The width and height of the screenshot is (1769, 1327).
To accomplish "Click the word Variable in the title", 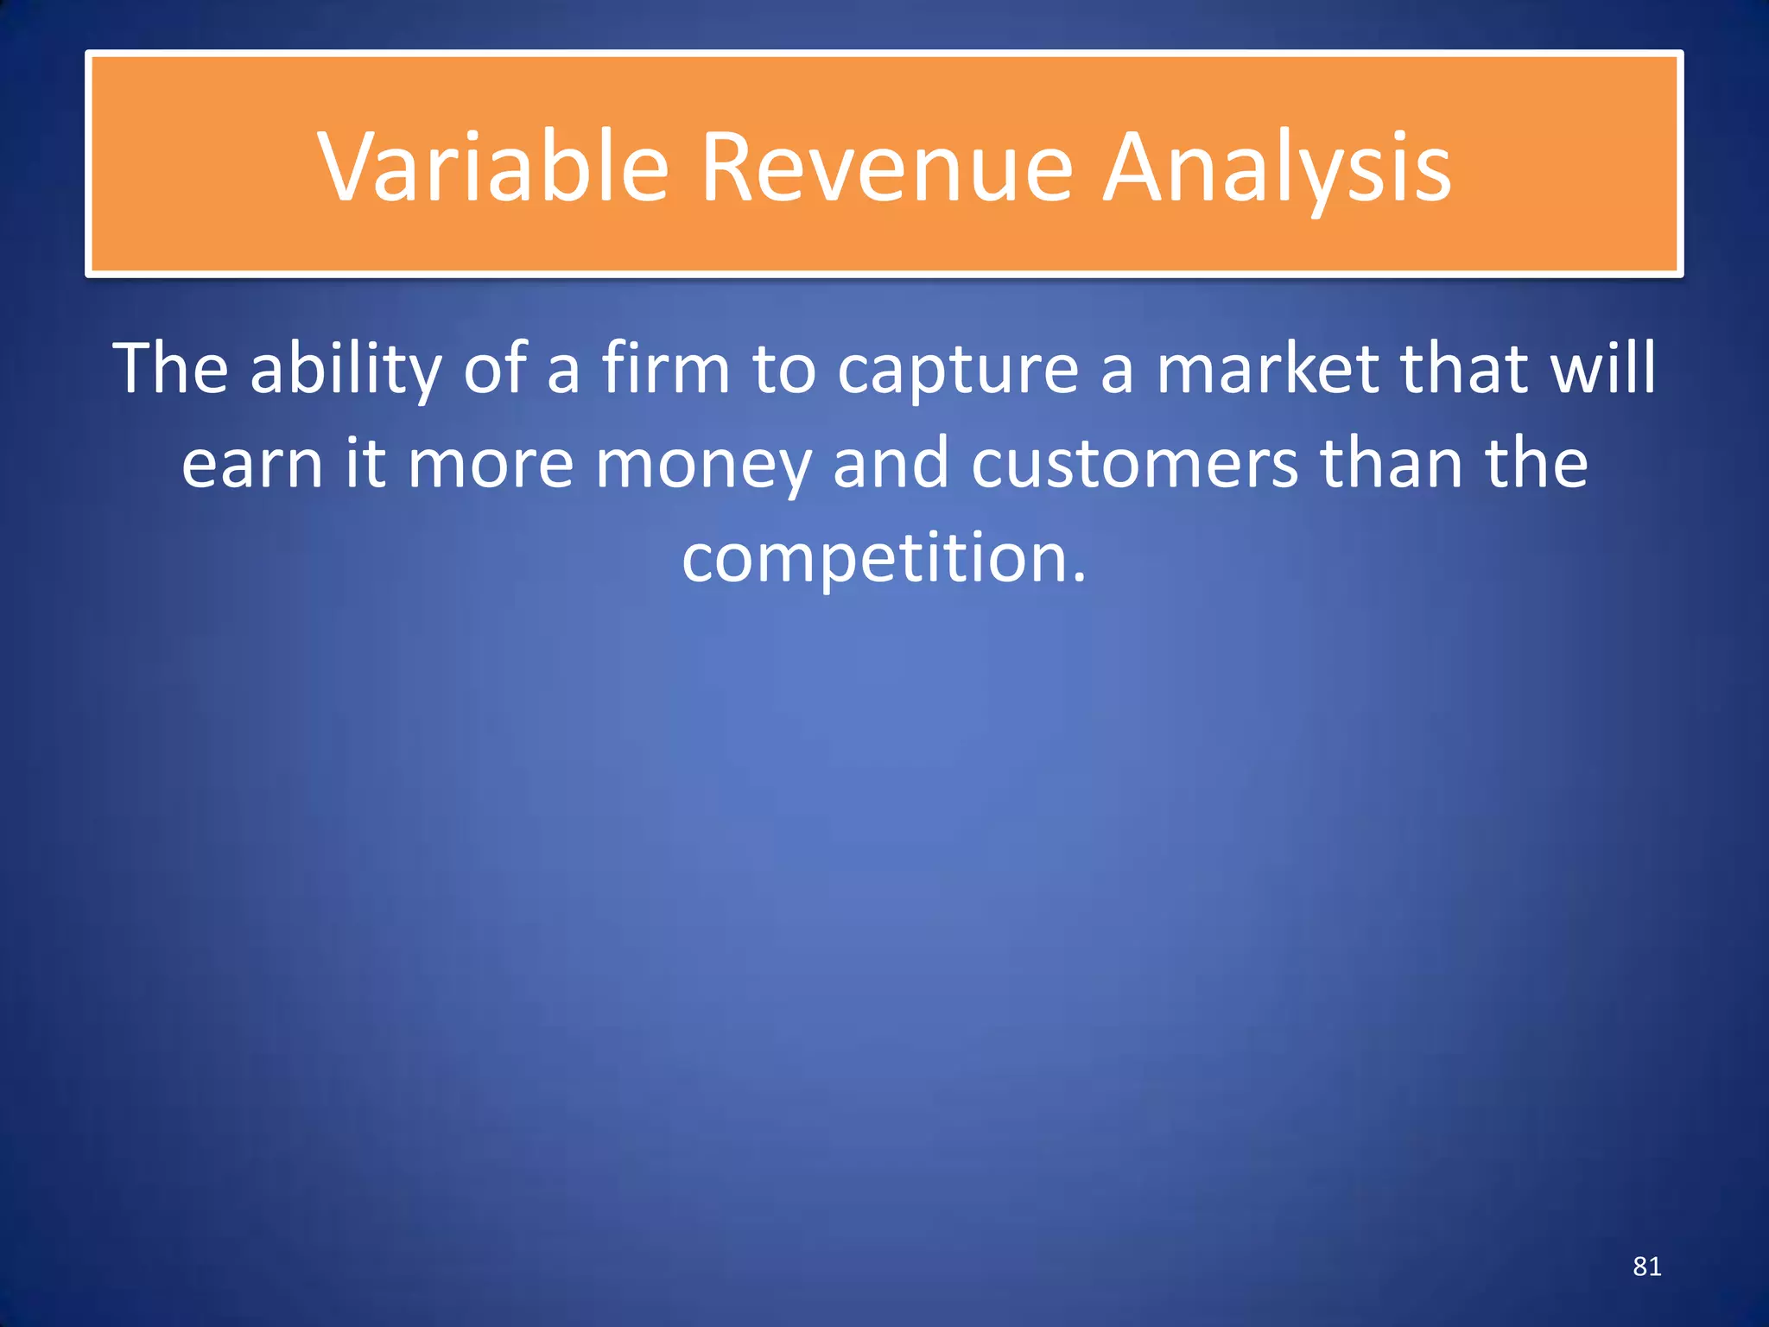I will pos(493,167).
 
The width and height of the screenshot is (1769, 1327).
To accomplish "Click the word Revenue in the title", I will pos(886,167).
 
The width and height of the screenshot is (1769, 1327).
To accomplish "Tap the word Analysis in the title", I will pos(1278,167).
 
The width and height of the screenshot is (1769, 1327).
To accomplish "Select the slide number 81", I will pos(1646,1267).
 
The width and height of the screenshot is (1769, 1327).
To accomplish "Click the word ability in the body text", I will pos(346,370).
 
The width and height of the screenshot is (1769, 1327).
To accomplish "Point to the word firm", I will pos(666,370).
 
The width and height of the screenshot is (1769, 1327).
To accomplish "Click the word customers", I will pos(1134,465).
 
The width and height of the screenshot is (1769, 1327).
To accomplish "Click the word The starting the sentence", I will pos(170,370).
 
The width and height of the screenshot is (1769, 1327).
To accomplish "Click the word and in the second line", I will pos(891,463).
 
